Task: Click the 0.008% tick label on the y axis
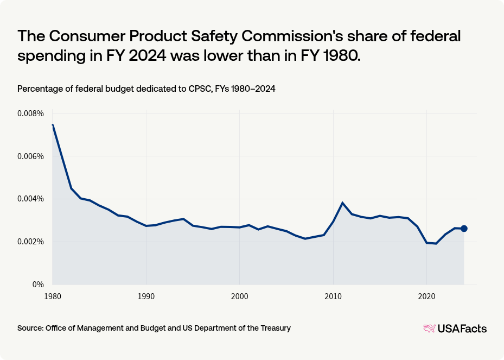pyautogui.click(x=30, y=113)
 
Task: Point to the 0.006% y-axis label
pyautogui.click(x=30, y=156)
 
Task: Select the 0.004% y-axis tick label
pyautogui.click(x=30, y=199)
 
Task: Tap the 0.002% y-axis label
pyautogui.click(x=30, y=242)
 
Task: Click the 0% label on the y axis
pyautogui.click(x=37, y=285)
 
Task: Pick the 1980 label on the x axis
pyautogui.click(x=52, y=296)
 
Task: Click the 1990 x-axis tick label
pyautogui.click(x=145, y=296)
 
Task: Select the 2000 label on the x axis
pyautogui.click(x=239, y=296)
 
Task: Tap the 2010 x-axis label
pyautogui.click(x=333, y=296)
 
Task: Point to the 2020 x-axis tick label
pyautogui.click(x=426, y=296)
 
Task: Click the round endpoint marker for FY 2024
pyautogui.click(x=464, y=229)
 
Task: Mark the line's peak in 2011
pyautogui.click(x=342, y=203)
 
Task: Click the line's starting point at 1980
pyautogui.click(x=53, y=125)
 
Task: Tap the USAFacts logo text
pyautogui.click(x=462, y=329)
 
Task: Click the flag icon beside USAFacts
pyautogui.click(x=429, y=329)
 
